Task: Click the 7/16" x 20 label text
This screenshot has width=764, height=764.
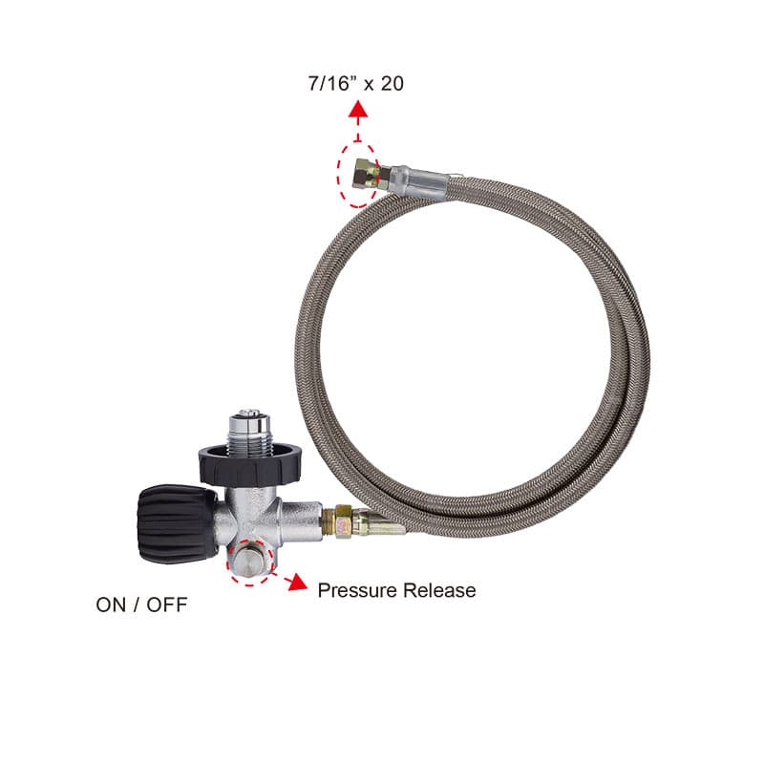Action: point(355,83)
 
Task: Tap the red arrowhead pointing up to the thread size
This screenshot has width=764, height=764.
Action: point(358,109)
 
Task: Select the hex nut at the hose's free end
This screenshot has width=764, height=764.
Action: point(367,174)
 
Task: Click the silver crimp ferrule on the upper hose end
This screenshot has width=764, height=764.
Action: point(420,181)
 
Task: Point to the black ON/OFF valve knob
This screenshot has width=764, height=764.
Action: point(177,523)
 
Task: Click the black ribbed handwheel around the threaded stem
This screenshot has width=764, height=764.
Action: point(249,464)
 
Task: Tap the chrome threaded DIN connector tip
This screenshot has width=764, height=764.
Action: point(251,428)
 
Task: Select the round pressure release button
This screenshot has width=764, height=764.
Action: point(249,561)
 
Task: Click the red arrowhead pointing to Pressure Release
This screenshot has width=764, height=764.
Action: point(296,582)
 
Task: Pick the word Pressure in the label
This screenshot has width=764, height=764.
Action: point(357,590)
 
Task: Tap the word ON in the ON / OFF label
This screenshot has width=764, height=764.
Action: point(112,605)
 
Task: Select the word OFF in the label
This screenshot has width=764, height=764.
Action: point(166,605)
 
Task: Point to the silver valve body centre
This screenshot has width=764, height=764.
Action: point(251,517)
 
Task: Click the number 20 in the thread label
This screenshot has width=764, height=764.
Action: point(392,83)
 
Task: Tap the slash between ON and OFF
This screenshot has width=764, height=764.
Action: point(137,605)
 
